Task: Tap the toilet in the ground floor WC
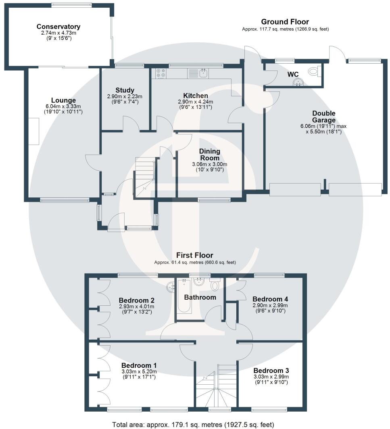click(x=313, y=72)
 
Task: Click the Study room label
click(x=125, y=90)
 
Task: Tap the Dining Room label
click(x=210, y=155)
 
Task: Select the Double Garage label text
click(x=323, y=116)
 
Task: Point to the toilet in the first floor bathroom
click(x=215, y=286)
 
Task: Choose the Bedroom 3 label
click(x=271, y=370)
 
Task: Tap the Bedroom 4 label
click(x=270, y=299)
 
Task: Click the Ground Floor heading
click(x=285, y=22)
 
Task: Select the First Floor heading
click(x=195, y=255)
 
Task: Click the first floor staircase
click(x=217, y=387)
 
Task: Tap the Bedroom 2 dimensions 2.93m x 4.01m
click(x=136, y=307)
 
